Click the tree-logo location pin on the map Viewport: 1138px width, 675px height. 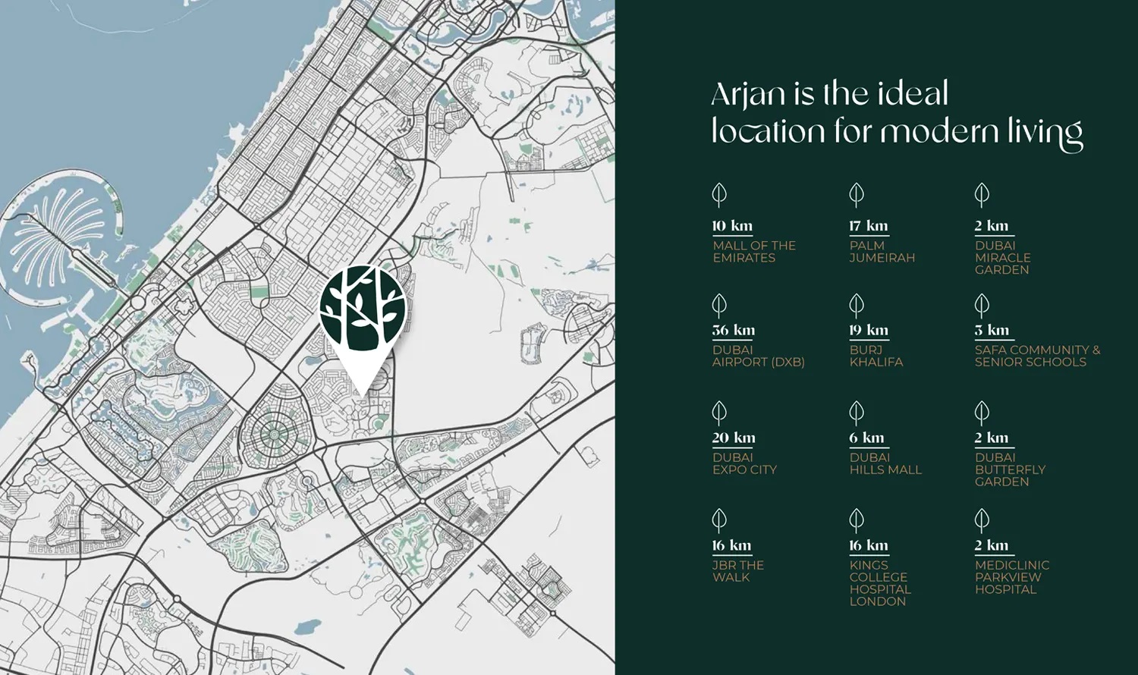(363, 311)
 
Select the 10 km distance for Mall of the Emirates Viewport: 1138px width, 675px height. (732, 226)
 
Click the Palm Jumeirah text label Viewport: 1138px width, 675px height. (882, 252)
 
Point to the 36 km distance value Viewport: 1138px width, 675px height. (733, 330)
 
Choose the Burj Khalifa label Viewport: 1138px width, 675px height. (876, 356)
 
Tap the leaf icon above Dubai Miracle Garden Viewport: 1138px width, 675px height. (982, 195)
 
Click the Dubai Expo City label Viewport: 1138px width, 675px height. (744, 463)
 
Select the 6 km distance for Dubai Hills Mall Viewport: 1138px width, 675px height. (866, 438)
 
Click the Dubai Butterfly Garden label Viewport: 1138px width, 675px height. (1010, 469)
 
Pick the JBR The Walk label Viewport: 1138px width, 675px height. (737, 571)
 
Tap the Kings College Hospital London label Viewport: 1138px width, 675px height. (879, 583)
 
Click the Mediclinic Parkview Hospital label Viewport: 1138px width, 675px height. (1011, 577)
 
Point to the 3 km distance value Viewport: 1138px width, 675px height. (992, 330)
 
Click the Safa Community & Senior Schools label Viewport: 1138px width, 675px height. (1037, 356)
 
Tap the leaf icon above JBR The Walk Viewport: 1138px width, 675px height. (719, 520)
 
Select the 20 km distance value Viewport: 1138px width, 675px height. (733, 438)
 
